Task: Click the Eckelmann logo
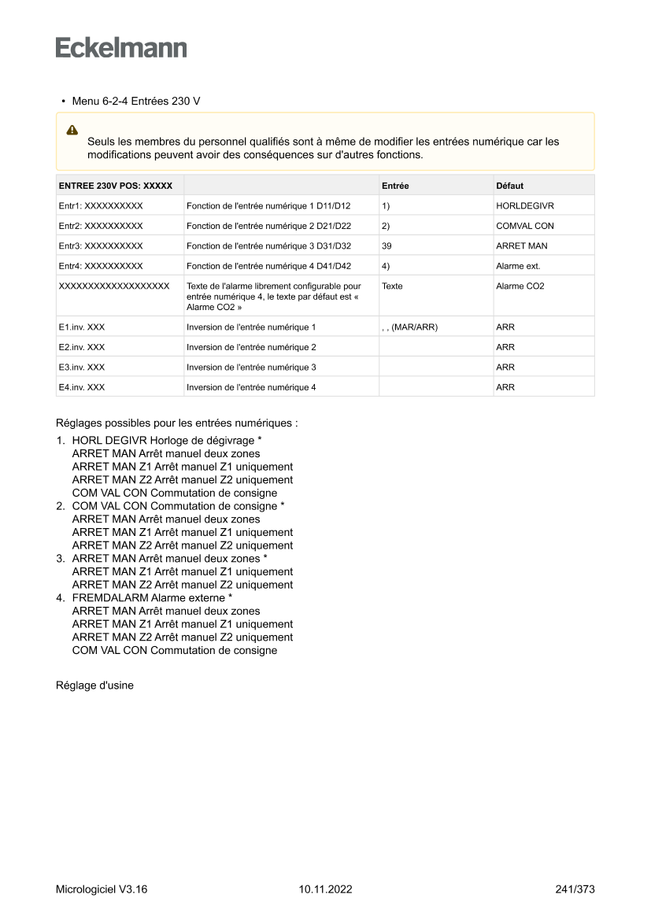click(x=121, y=48)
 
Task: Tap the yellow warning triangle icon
click(x=72, y=129)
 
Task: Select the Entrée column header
click(x=395, y=186)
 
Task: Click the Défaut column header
click(x=509, y=186)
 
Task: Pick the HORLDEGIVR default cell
click(x=525, y=205)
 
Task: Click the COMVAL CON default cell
click(x=525, y=226)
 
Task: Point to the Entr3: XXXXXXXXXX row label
click(x=101, y=246)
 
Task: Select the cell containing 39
click(x=387, y=246)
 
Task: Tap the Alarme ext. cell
click(x=518, y=266)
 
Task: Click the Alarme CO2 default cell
click(x=520, y=286)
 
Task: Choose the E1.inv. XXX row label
click(x=82, y=327)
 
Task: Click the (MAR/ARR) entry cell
click(x=409, y=327)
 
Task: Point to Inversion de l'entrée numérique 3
click(x=251, y=368)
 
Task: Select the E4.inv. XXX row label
click(x=82, y=387)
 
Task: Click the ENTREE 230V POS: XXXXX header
click(x=116, y=186)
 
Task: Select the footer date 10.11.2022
click(x=325, y=889)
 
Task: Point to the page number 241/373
click(x=575, y=889)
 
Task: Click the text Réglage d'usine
click(x=94, y=685)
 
